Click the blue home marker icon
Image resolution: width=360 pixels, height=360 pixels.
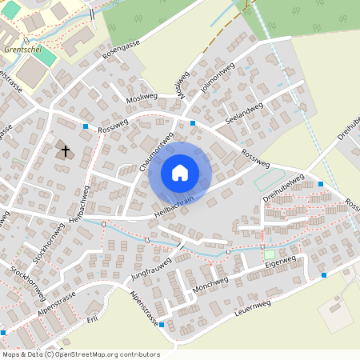pyautogui.click(x=180, y=172)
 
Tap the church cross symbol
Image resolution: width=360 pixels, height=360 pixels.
pyautogui.click(x=65, y=150)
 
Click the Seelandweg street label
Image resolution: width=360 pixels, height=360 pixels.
pyautogui.click(x=244, y=116)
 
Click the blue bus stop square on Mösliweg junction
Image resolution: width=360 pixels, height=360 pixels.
pyautogui.click(x=193, y=122)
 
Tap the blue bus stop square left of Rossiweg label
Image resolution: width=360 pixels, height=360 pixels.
pyautogui.click(x=86, y=126)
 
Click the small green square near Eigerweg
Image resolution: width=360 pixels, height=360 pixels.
pyautogui.click(x=269, y=253)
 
